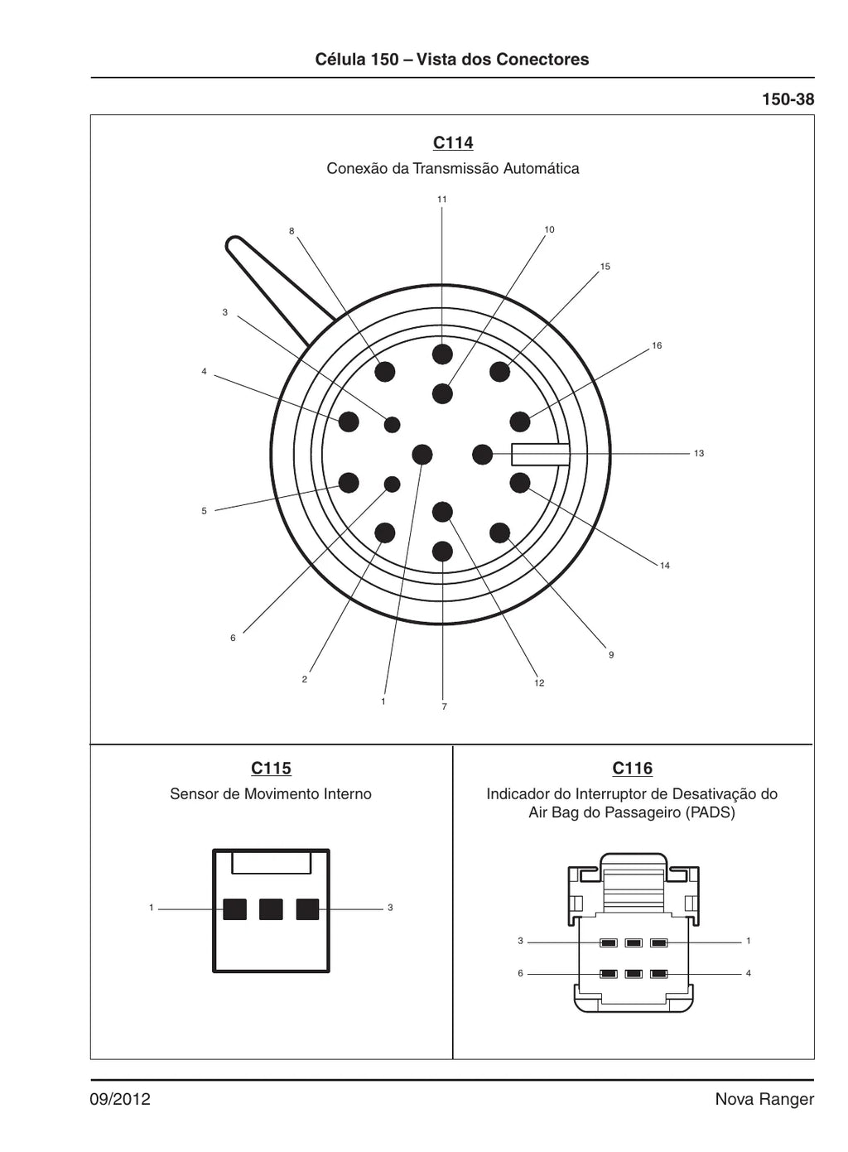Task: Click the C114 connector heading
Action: pos(452,142)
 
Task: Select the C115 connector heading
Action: pos(271,768)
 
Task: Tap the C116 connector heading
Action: pos(632,768)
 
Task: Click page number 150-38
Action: pos(788,99)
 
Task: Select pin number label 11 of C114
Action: pos(441,200)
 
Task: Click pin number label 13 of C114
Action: pos(699,454)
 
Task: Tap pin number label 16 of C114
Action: pos(657,345)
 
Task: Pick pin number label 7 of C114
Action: pos(445,706)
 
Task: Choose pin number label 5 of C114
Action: pos(205,511)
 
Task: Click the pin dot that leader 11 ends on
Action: pos(442,354)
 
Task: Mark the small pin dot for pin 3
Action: pos(393,424)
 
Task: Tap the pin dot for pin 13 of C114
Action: pos(482,455)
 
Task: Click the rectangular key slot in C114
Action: pos(540,455)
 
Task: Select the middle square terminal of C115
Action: pos(271,909)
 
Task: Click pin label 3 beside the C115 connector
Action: pos(390,908)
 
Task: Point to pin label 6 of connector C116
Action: pos(520,973)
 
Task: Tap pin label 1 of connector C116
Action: pos(749,941)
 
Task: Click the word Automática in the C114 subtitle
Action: pos(541,168)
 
